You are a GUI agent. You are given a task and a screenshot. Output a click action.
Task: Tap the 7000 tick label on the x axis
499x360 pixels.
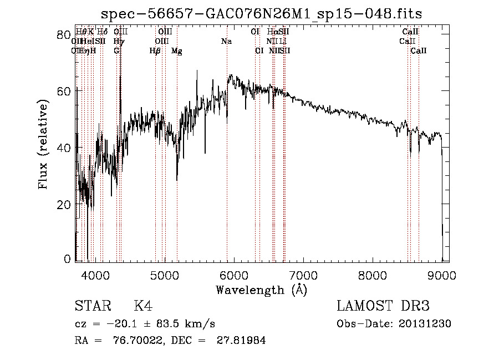tap(303, 275)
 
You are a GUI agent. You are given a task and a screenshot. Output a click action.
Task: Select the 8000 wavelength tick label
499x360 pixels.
tap(373, 275)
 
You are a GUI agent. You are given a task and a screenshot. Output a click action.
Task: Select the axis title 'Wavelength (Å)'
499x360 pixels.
tap(261, 290)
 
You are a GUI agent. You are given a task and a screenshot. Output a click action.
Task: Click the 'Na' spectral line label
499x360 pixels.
tap(226, 42)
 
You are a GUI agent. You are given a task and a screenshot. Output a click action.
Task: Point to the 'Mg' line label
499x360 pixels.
tap(177, 51)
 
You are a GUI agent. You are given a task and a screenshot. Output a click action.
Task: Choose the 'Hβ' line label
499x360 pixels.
tap(155, 51)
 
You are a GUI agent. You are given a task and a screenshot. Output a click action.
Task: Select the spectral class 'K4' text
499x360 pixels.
tap(143, 306)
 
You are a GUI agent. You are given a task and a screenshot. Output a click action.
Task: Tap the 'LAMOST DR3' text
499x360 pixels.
tap(383, 306)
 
